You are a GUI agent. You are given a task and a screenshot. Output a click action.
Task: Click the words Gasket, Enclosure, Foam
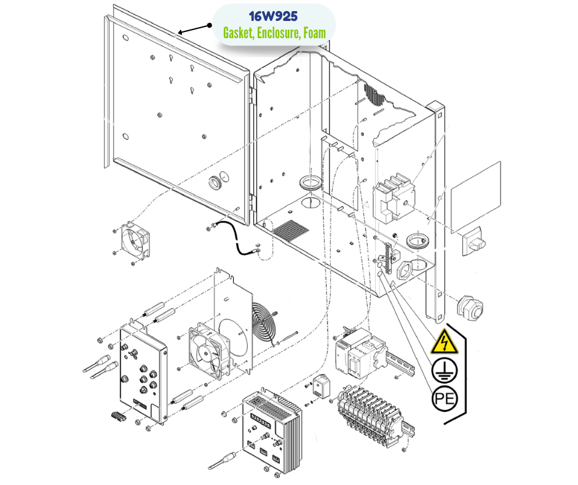274,32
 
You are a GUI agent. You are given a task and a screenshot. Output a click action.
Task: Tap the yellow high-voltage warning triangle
445,342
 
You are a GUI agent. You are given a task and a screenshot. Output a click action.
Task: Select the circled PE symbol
445,399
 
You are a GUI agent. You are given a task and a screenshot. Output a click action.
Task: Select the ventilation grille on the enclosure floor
291,231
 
